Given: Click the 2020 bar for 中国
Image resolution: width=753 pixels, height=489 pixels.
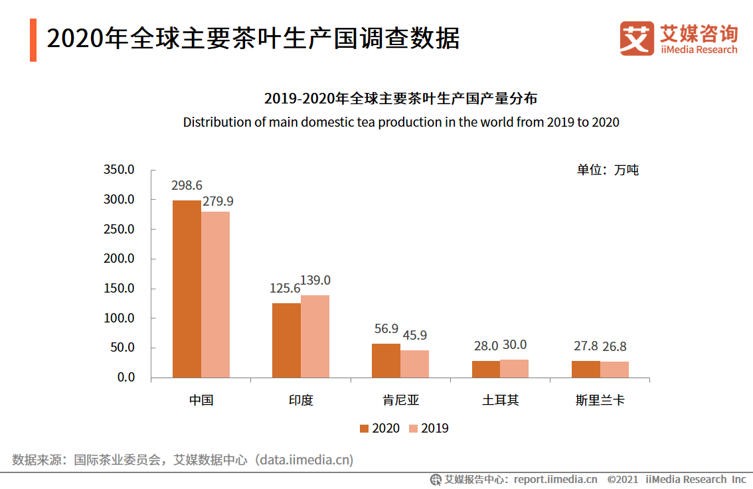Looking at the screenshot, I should point(187,289).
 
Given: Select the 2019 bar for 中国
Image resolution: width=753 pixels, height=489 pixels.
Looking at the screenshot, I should point(215,295).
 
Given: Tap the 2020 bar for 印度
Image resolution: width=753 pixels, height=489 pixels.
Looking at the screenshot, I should point(286,340).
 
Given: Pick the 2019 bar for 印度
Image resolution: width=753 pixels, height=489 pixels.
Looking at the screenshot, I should point(315,336).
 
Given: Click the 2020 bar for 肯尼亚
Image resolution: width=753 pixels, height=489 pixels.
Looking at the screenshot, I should point(386,360).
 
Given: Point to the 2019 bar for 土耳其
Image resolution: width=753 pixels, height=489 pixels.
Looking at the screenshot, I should point(514,368).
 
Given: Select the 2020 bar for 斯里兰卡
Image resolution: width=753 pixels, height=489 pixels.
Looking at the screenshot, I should point(586,369).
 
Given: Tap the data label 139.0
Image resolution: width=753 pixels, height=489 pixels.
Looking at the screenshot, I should point(315,281).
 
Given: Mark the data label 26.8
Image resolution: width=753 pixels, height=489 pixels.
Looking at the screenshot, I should point(614,346).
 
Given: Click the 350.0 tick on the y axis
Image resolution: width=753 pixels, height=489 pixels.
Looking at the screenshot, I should point(119,170).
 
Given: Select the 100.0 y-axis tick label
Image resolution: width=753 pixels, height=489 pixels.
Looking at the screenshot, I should point(119,318).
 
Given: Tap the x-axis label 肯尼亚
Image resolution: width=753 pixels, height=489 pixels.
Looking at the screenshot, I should point(400,401).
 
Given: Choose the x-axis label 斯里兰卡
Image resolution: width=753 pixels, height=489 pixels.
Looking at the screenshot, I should point(600,401).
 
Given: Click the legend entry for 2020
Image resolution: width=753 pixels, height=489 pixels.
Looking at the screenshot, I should point(379,429).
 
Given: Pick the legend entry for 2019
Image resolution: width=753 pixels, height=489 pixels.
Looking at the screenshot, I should point(428,429).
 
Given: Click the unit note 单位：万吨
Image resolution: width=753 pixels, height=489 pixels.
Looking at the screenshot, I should point(607,170).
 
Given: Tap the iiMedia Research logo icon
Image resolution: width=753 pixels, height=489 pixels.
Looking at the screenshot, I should point(636,38).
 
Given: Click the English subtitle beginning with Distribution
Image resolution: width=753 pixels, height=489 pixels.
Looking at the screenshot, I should point(401,122).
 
